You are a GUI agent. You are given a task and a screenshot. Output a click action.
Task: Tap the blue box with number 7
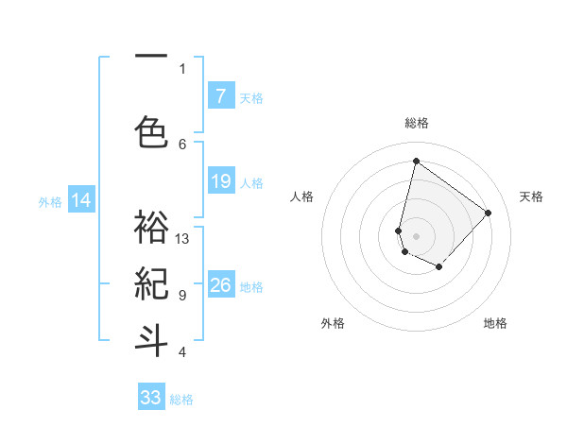[220, 96]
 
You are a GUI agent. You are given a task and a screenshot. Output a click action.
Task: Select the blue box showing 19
[220, 181]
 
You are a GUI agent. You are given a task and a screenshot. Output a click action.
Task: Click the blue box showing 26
[220, 285]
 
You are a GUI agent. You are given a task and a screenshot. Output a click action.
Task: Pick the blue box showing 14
[81, 200]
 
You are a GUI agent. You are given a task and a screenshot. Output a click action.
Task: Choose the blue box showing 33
[151, 398]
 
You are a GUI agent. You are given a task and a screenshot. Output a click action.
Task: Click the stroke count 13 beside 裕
[182, 239]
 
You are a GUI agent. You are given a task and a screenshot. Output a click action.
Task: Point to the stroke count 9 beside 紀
[181, 296]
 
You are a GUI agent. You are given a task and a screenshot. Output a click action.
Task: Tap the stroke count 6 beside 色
[181, 144]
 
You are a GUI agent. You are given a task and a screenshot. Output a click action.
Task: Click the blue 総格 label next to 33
[181, 400]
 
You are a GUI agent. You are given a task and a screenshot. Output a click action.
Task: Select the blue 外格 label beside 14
[50, 201]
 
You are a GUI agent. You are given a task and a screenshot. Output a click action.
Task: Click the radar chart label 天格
[531, 196]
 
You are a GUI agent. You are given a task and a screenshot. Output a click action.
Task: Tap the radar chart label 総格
[416, 123]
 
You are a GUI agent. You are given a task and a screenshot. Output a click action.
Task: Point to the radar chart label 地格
[495, 323]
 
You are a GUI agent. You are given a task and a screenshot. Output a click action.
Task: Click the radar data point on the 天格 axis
[488, 213]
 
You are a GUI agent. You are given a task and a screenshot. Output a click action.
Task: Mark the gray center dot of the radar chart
[416, 235]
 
